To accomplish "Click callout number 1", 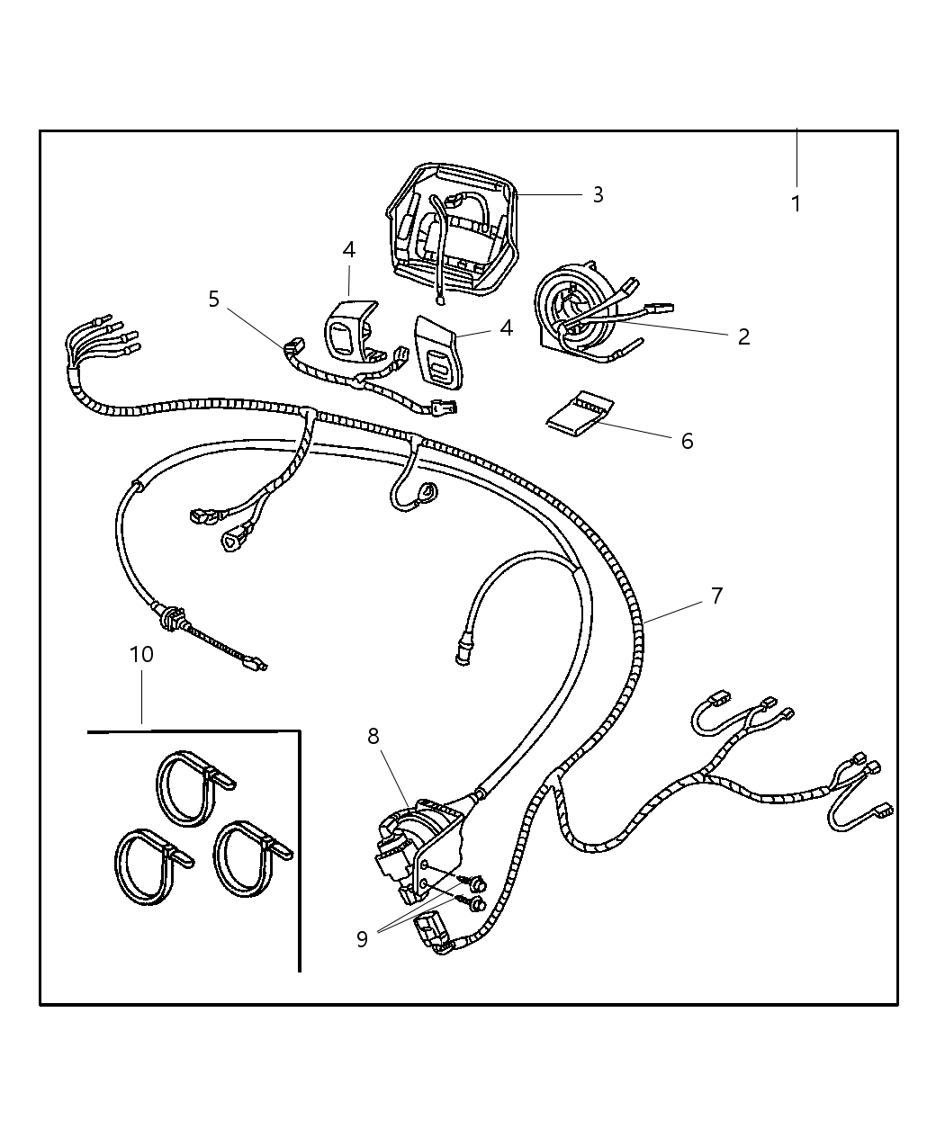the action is pyautogui.click(x=796, y=204).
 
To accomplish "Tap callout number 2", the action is pyautogui.click(x=743, y=336).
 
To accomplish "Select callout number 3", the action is pyautogui.click(x=598, y=194).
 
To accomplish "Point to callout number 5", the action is pyautogui.click(x=214, y=299).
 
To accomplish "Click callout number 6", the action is pyautogui.click(x=688, y=441).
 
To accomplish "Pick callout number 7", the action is pyautogui.click(x=717, y=596).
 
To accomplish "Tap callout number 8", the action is pyautogui.click(x=373, y=736).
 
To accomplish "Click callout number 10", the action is pyautogui.click(x=141, y=654).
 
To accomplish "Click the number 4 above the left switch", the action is pyautogui.click(x=348, y=250).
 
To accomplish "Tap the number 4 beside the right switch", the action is pyautogui.click(x=507, y=328).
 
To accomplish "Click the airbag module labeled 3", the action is pyautogui.click(x=453, y=230).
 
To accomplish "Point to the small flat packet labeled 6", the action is pyautogui.click(x=580, y=414).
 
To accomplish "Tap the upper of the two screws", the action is pyautogui.click(x=474, y=883).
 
